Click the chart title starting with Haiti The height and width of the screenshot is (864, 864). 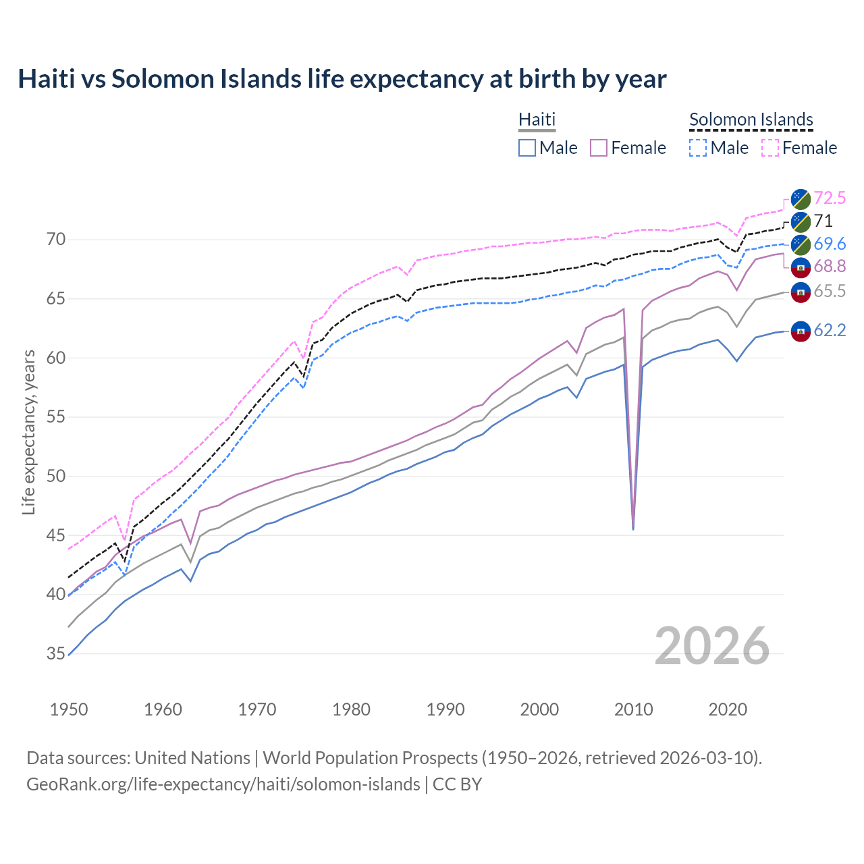tap(342, 79)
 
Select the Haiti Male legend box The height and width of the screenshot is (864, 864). tap(527, 148)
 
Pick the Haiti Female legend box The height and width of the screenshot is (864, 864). tap(599, 148)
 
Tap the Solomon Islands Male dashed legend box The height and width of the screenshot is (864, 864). tap(698, 148)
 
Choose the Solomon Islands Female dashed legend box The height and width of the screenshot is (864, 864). tap(770, 148)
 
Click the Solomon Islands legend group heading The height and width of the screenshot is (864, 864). tap(751, 120)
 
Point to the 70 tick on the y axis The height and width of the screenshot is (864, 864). tap(56, 239)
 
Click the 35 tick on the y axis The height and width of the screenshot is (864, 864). tap(56, 653)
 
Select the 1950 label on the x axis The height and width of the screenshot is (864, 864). tap(69, 709)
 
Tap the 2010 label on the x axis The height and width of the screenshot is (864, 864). tap(633, 709)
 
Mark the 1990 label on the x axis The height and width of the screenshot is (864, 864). tap(446, 709)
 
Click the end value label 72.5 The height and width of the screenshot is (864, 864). tap(829, 198)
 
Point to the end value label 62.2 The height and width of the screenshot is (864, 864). tap(829, 330)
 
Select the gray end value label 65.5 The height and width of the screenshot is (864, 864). tap(829, 291)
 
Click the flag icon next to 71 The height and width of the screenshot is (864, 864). tap(801, 221)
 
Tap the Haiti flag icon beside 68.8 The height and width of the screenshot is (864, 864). tap(801, 267)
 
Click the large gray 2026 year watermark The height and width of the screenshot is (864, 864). tap(711, 647)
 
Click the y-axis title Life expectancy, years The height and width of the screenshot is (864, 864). tap(28, 432)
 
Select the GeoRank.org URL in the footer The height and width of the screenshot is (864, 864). tap(223, 784)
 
